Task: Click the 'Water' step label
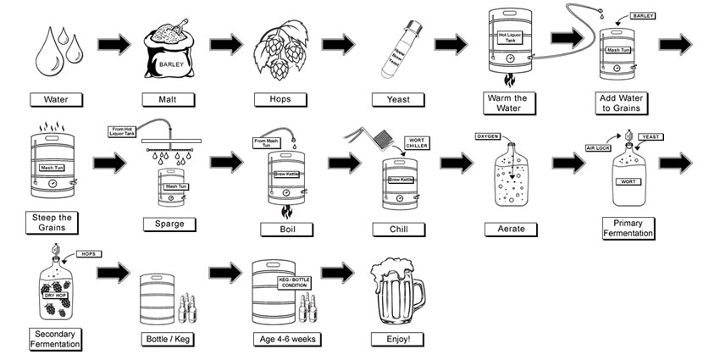61,100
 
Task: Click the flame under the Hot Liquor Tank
509,81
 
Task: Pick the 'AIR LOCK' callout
598,147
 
